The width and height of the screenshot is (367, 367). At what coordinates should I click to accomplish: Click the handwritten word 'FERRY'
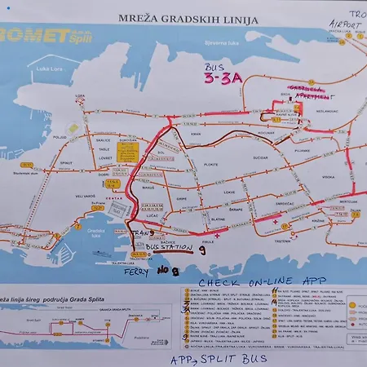[136, 273]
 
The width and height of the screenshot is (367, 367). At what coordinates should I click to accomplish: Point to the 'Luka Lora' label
[50, 69]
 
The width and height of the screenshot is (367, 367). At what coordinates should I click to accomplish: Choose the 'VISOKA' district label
[305, 176]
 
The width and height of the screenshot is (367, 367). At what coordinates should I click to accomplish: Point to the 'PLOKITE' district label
[210, 164]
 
